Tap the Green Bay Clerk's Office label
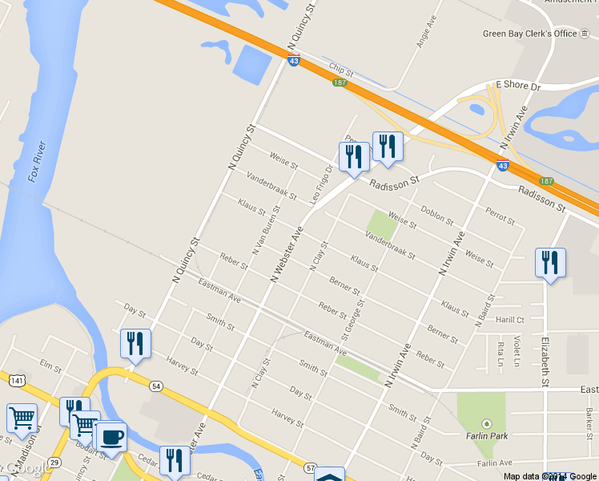click(529, 34)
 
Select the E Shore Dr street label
click(519, 84)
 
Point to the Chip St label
click(340, 71)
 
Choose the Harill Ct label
click(509, 319)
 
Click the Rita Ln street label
click(501, 352)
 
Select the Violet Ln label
click(517, 351)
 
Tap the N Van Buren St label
click(266, 235)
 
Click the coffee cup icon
click(111, 438)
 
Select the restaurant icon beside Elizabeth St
click(549, 264)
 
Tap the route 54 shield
click(155, 386)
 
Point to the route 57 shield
click(310, 466)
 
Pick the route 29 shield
click(54, 463)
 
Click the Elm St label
click(50, 367)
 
